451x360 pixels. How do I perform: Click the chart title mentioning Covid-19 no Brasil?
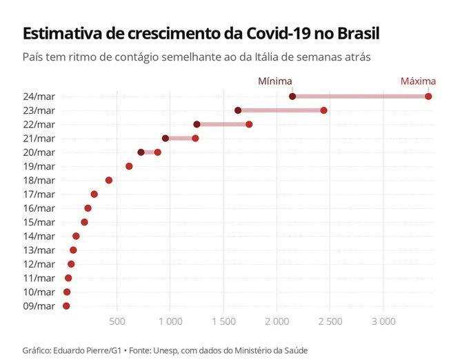click(x=201, y=34)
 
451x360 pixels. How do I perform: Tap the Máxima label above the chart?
click(x=418, y=81)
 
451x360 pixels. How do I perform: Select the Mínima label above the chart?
click(x=274, y=81)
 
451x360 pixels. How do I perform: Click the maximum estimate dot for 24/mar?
click(x=428, y=96)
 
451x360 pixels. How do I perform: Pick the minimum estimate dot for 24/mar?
click(x=292, y=96)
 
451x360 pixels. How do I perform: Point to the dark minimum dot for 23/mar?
click(x=238, y=110)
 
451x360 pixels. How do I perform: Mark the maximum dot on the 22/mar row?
click(x=249, y=124)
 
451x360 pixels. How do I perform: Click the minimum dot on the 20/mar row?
click(x=141, y=152)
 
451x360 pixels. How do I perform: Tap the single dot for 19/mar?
click(x=129, y=166)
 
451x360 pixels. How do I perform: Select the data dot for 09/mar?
click(x=66, y=306)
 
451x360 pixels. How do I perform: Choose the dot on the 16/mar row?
click(x=88, y=208)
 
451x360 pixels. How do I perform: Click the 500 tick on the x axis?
click(x=117, y=321)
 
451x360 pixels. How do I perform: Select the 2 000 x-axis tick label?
click(x=277, y=321)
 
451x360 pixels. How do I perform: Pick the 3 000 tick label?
click(x=383, y=321)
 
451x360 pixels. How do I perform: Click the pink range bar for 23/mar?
click(x=281, y=110)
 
